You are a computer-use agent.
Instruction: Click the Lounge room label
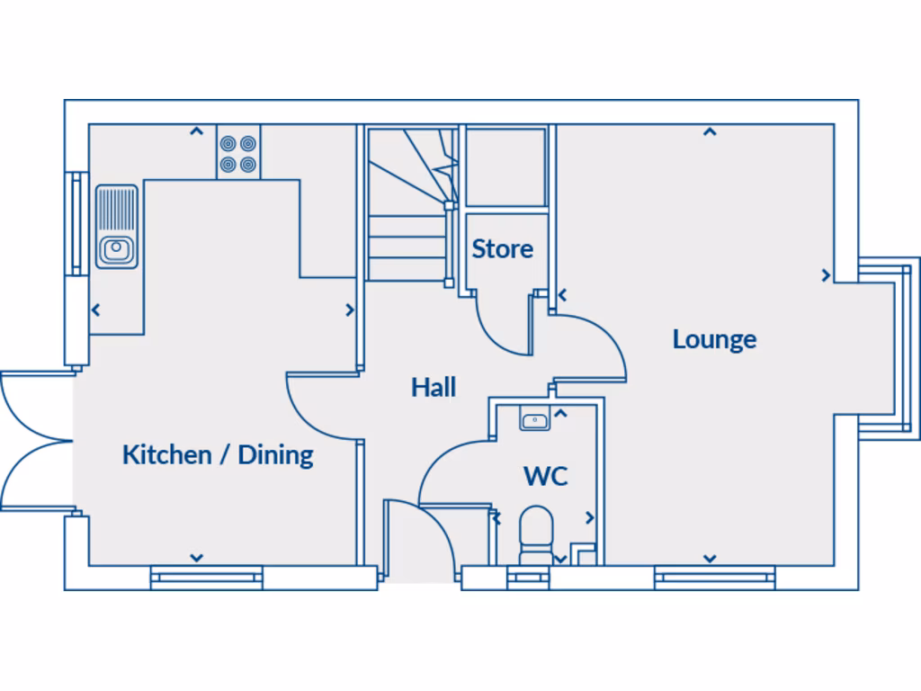point(714,339)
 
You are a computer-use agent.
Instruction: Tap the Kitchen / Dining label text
point(218,454)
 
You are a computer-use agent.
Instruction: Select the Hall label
point(434,387)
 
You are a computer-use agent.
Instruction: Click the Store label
point(503,248)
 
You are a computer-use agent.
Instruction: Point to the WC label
point(546,475)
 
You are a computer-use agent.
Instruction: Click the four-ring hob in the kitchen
point(238,153)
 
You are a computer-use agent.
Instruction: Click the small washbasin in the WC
point(535,418)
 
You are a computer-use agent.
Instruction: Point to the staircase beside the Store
point(408,207)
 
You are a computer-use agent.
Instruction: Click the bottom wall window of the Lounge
point(714,577)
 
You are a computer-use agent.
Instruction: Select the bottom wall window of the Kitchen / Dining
point(206,577)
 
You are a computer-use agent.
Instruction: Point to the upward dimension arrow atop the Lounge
point(710,132)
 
